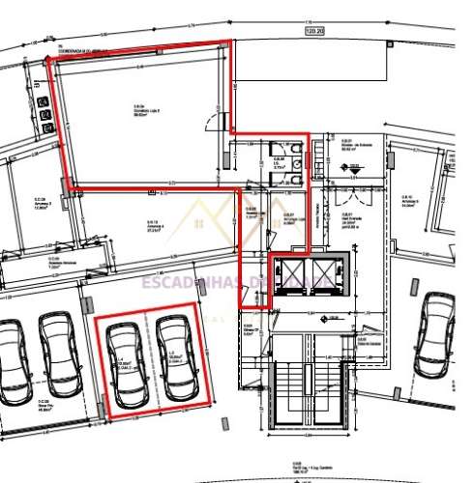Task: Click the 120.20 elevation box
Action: tap(314, 32)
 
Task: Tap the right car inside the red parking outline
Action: tap(175, 356)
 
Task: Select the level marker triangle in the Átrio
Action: tap(354, 167)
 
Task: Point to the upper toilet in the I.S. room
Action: tap(294, 149)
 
